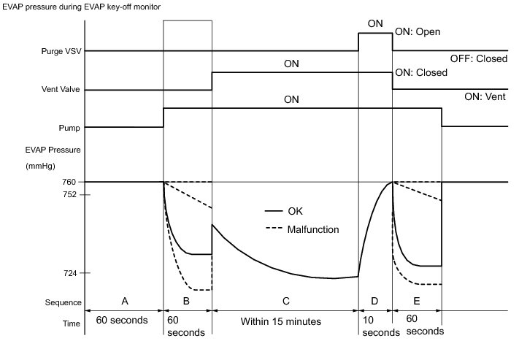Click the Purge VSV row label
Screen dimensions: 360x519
(x=55, y=52)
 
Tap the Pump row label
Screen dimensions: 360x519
(x=69, y=127)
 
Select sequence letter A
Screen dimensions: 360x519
(x=124, y=300)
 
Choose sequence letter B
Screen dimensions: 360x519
(x=188, y=300)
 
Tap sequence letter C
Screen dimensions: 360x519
(x=285, y=300)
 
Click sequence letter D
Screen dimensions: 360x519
(x=375, y=300)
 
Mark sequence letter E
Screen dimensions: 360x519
(x=416, y=300)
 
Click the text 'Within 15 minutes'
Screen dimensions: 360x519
(x=285, y=321)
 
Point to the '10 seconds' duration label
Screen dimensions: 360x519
(x=374, y=326)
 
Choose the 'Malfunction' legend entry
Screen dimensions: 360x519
(x=312, y=229)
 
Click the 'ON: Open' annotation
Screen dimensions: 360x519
(x=417, y=32)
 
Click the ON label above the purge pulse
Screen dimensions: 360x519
(x=375, y=23)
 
